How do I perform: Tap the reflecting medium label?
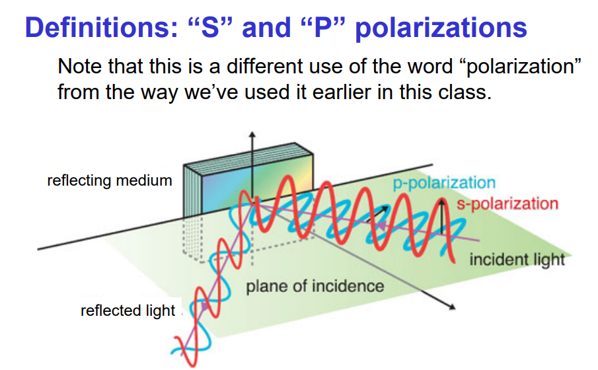click(x=110, y=180)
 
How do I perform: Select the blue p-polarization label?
click(x=443, y=183)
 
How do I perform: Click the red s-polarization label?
click(x=507, y=203)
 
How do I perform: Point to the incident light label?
click(x=517, y=258)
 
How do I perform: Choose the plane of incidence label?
click(x=315, y=286)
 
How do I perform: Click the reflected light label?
click(x=128, y=310)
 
